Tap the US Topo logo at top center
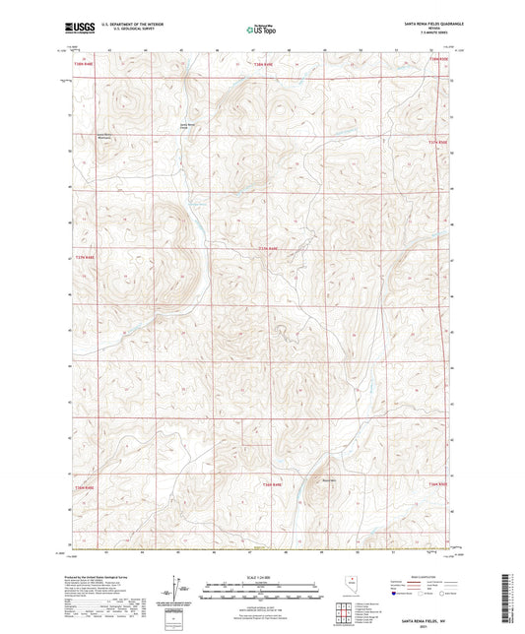click(x=260, y=31)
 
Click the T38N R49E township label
click(x=263, y=64)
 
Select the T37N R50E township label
click(x=437, y=143)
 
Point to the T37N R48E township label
click(x=86, y=257)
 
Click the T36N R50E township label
click(x=437, y=484)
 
